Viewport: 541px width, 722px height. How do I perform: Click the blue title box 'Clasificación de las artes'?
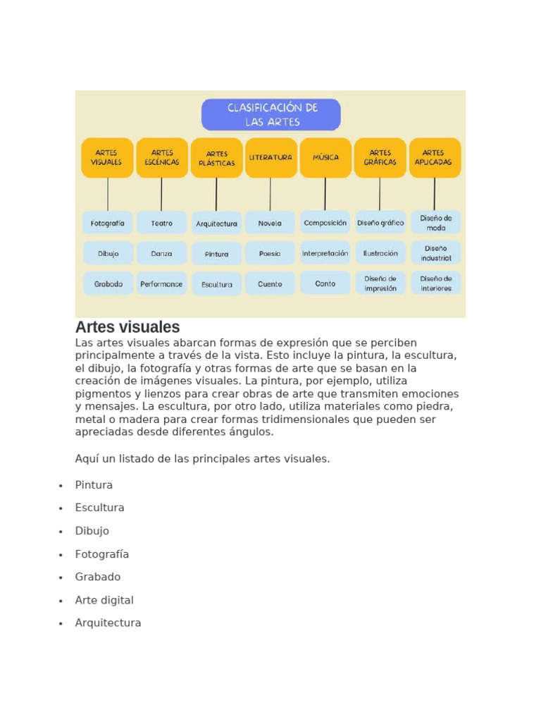point(271,114)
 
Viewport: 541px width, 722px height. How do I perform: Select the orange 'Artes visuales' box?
point(107,157)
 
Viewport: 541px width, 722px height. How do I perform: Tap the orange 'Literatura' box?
point(270,157)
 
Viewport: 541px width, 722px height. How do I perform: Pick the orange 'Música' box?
point(325,157)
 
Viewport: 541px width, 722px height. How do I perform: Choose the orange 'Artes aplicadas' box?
point(435,157)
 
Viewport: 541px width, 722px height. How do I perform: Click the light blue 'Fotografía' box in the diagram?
point(107,223)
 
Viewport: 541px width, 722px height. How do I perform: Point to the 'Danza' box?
point(161,253)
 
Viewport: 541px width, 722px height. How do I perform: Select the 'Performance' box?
point(161,284)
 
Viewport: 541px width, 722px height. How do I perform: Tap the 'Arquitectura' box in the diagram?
point(216,224)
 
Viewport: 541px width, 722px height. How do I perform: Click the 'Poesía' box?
point(270,253)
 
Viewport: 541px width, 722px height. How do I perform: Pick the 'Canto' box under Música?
point(325,283)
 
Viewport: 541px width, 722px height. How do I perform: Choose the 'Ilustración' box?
point(380,253)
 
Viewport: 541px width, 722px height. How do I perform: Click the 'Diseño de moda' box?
point(436,223)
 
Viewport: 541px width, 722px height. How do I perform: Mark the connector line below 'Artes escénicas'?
point(161,194)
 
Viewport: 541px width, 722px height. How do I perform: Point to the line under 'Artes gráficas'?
point(380,194)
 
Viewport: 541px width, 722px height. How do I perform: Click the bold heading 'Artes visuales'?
point(128,327)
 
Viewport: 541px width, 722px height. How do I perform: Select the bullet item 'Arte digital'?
point(104,600)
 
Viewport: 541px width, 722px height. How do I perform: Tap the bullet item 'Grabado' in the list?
point(98,577)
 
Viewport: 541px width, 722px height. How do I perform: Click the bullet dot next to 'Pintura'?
point(61,486)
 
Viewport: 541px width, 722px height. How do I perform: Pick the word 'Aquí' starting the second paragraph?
point(86,459)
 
